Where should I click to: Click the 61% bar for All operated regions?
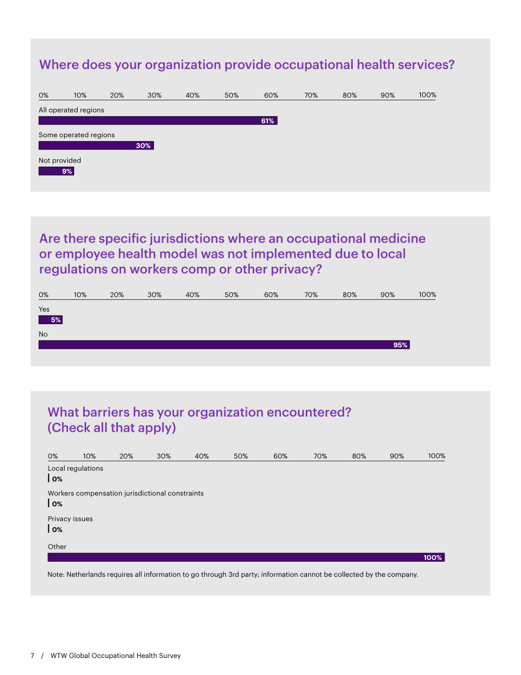pos(158,121)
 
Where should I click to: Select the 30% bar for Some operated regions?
pos(96,146)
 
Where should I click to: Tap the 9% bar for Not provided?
pos(57,171)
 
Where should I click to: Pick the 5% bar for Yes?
pos(51,320)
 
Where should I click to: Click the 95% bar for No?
pos(224,345)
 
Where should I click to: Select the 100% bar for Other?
pos(246,558)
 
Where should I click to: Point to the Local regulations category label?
pos(75,468)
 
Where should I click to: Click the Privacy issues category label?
pos(70,519)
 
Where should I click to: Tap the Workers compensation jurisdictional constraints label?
pos(126,493)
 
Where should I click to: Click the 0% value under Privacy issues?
pos(57,529)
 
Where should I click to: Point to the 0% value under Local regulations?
pos(57,479)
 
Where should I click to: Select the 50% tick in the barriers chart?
pos(241,456)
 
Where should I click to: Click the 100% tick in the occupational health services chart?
pos(427,95)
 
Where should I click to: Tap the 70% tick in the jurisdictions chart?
pos(311,295)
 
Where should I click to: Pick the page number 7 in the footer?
pos(32,655)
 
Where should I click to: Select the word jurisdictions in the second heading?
pos(189,239)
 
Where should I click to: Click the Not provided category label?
pos(60,160)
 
